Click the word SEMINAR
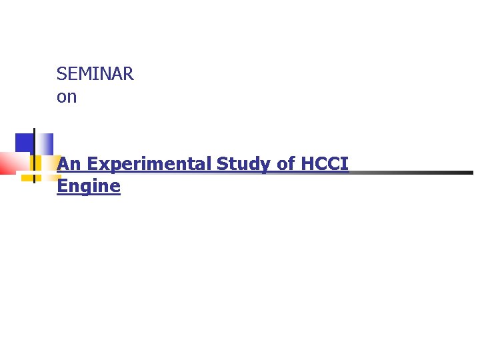pos(95,74)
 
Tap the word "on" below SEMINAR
pos(67,97)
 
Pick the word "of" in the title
pos(285,164)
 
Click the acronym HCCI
pos(325,164)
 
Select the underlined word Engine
pos(89,187)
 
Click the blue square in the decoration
pos(25,143)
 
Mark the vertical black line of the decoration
pos(33,153)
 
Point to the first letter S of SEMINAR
pos(61,74)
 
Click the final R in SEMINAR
pos(128,74)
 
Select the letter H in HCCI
pos(307,164)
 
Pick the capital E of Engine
pos(62,186)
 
